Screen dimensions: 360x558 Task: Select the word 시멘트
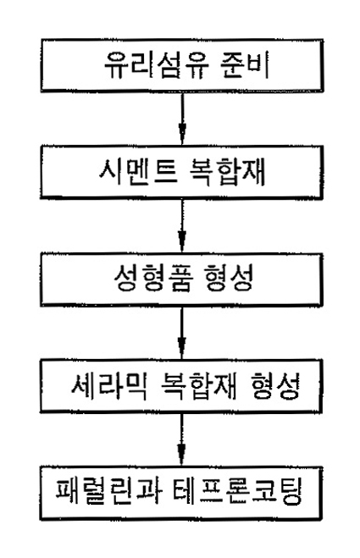138,172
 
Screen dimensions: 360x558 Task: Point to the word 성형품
154,279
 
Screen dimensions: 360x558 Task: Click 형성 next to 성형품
230,279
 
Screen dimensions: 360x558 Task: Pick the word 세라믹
109,386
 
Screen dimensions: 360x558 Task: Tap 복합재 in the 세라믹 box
198,386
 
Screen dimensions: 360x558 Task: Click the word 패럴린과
109,493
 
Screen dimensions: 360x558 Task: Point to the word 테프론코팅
238,493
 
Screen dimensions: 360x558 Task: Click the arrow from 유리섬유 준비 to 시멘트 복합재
182,119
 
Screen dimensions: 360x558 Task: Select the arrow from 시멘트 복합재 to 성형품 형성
182,225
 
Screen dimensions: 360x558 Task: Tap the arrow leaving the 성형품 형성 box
182,333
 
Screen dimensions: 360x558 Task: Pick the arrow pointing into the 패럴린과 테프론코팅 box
182,439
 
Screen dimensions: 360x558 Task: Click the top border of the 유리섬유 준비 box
182,40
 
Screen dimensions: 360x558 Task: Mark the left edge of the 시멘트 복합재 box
42,172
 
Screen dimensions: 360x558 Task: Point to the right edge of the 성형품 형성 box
321,279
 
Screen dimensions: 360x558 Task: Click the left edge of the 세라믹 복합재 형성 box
42,386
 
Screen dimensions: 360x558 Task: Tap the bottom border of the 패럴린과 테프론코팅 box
181,519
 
